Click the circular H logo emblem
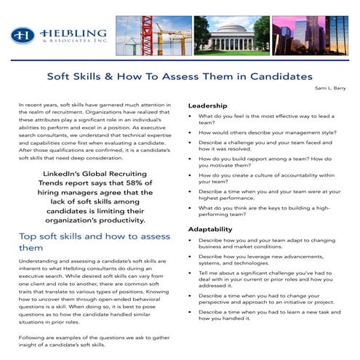coord(24,36)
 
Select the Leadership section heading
coord(207,105)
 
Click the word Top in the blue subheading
coord(28,236)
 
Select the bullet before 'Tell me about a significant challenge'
coord(190,272)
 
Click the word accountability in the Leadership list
coord(284,175)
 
